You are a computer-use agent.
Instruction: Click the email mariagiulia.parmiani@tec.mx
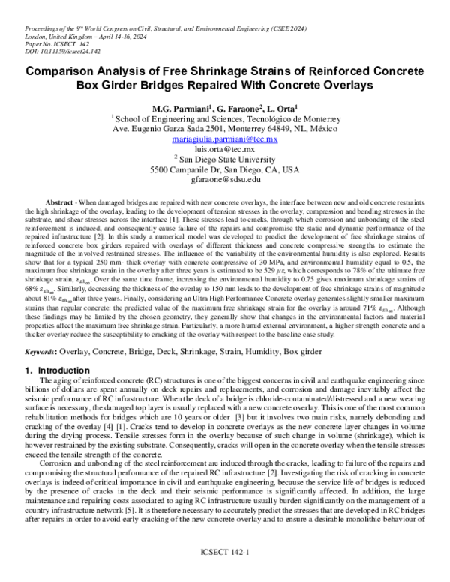click(224, 139)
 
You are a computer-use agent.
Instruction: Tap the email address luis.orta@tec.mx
click(224, 149)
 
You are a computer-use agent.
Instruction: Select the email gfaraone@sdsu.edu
click(224, 180)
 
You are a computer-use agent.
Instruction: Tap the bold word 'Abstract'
click(58, 203)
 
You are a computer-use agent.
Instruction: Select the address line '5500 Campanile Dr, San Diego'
click(224, 170)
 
